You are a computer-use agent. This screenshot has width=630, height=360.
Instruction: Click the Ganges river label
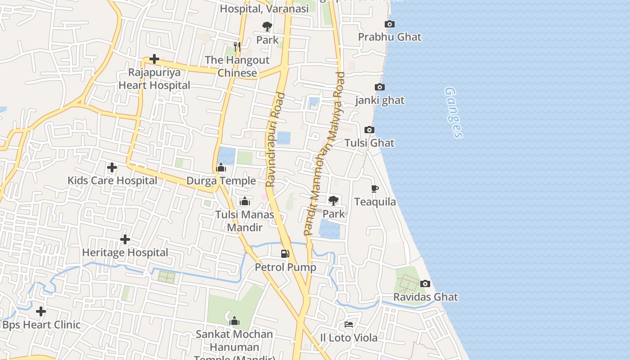[x=453, y=112]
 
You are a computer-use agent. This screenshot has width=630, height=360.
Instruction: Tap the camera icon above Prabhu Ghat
[x=390, y=24]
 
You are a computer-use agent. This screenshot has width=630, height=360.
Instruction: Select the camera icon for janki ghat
[x=380, y=87]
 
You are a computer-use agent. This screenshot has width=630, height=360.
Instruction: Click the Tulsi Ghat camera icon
[x=369, y=130]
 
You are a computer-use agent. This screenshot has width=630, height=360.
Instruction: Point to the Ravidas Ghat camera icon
[x=425, y=284]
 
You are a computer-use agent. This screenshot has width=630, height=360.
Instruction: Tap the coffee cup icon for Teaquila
[x=375, y=189]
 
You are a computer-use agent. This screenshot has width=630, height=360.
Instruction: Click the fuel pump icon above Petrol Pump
[x=285, y=254]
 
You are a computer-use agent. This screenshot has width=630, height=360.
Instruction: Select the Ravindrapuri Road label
[x=275, y=139]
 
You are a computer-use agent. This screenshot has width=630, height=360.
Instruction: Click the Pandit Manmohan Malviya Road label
[x=324, y=153]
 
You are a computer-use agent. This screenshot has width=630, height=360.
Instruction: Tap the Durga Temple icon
[x=221, y=168]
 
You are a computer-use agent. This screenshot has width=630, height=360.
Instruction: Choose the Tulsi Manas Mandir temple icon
[x=245, y=201]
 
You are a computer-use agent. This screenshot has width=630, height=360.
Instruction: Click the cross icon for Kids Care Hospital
[x=112, y=168]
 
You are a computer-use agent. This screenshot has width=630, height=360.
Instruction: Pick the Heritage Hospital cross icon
[x=125, y=239]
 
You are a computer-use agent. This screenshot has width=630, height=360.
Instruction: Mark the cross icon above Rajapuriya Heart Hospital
[x=154, y=59]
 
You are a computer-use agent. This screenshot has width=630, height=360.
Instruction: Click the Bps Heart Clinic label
[x=41, y=324]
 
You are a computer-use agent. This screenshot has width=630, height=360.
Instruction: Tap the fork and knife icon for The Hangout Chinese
[x=237, y=46]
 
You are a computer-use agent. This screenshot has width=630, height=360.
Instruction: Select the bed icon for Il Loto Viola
[x=349, y=324]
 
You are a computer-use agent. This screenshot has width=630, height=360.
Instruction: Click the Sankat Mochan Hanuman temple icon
[x=234, y=321]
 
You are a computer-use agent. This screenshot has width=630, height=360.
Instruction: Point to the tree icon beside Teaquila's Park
[x=333, y=201]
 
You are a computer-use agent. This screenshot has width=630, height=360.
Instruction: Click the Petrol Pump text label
[x=285, y=267]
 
